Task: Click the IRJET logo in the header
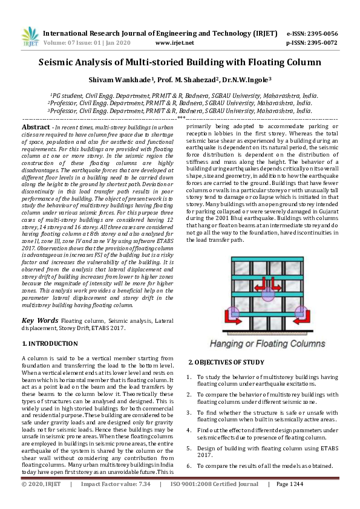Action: click(x=30, y=37)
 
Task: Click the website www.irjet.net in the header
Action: click(x=174, y=43)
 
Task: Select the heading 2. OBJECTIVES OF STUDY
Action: click(x=225, y=362)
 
